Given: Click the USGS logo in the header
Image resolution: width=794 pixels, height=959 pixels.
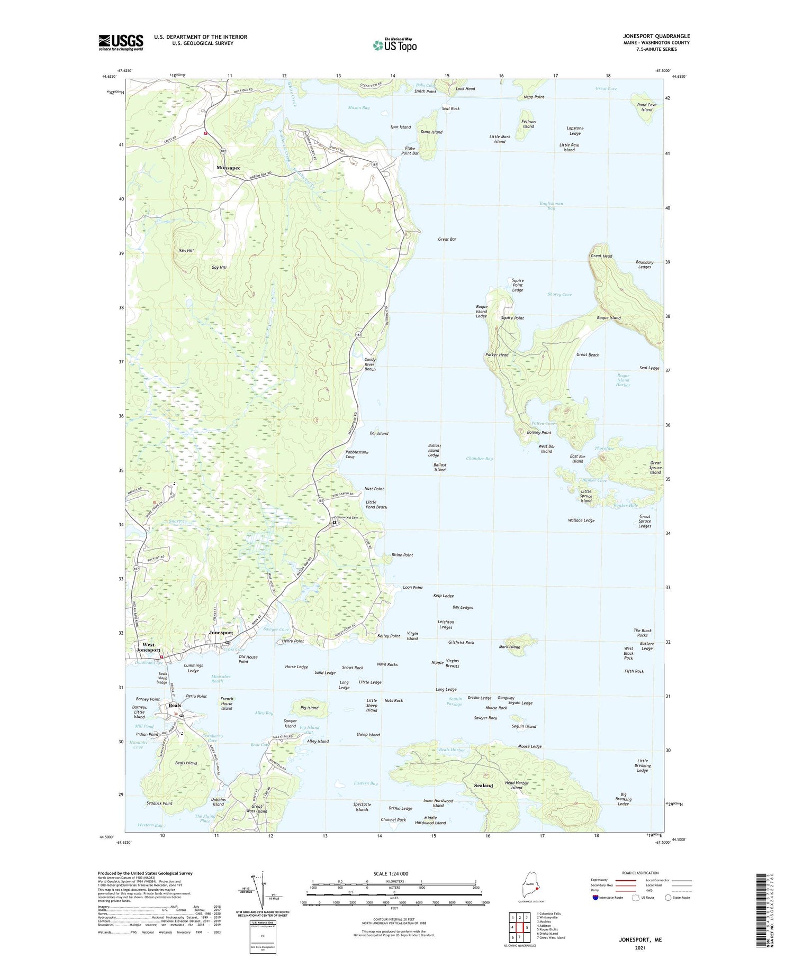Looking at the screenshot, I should coord(121,42).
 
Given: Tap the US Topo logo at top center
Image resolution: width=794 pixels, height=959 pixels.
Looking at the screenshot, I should coord(395,45).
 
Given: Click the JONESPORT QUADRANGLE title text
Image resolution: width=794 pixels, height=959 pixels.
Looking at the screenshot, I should coord(656,36).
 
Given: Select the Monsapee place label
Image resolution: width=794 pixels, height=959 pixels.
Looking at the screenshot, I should coord(228,168).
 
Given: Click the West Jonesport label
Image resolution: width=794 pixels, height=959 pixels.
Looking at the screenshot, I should coord(149,647).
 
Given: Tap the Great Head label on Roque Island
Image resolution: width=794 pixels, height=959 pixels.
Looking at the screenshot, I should coord(601,256).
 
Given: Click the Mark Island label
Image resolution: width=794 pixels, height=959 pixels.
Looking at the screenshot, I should coord(510,647).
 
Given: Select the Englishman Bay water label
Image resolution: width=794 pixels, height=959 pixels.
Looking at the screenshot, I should coord(551,206).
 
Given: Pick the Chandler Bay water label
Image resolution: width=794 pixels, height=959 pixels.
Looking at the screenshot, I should coord(479,459).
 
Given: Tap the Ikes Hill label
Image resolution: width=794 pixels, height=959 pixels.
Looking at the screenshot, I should coord(186,251).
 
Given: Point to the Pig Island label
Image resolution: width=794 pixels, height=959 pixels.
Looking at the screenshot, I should coord(309,708).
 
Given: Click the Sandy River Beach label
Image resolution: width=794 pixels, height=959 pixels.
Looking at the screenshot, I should coord(370,364).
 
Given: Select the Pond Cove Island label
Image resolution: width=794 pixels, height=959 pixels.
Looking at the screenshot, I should coord(647,107).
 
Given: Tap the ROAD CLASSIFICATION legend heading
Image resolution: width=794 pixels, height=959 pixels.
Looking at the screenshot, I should coord(640,873).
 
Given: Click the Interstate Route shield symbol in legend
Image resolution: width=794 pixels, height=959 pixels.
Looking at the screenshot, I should coord(595,898).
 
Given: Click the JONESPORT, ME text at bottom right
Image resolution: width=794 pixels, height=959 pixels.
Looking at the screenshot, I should coord(640,939).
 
